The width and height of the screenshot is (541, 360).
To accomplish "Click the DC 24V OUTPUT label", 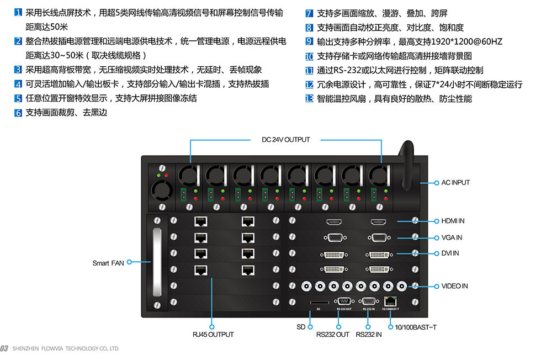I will point(285,140).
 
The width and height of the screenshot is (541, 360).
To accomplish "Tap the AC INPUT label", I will point(455,183).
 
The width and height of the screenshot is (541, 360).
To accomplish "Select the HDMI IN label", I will point(453,221).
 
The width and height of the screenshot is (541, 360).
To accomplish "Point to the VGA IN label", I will point(452,238).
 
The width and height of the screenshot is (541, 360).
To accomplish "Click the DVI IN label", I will point(450,253).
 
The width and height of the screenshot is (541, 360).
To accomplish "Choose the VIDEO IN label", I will point(454,286).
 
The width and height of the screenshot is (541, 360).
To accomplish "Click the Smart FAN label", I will point(108,263).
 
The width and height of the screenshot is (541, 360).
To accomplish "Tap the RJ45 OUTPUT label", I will point(213,335).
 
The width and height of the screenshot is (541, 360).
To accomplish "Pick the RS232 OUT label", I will point(332,335).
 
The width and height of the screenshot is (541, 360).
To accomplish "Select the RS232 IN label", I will point(369,335).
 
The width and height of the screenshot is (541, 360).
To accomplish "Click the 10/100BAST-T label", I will point(415,327).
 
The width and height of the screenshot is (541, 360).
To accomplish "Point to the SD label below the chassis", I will point(301,327).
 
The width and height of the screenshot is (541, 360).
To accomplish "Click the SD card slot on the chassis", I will point(319,302).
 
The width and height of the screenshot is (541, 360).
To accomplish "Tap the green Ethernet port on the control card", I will point(391,301).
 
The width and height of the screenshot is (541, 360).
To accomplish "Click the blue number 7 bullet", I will point(309,13).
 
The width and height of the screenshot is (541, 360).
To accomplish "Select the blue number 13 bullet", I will point(309,99).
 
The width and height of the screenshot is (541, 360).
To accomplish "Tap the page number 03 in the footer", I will point(4,348).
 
